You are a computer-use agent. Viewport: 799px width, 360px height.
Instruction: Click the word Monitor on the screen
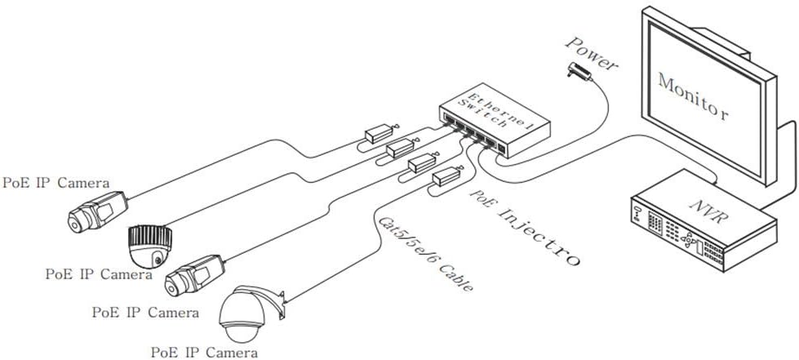[693, 97]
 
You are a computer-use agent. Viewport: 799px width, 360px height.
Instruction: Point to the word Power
[591, 52]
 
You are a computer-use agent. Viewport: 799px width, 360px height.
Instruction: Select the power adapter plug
[579, 71]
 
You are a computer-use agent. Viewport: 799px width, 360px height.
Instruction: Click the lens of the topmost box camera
[76, 221]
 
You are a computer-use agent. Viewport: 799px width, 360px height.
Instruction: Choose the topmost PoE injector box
[379, 135]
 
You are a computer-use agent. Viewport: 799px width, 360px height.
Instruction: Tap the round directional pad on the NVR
[689, 240]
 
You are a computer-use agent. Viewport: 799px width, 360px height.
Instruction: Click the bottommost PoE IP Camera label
[204, 353]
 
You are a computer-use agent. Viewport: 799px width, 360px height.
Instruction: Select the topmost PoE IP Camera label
[56, 183]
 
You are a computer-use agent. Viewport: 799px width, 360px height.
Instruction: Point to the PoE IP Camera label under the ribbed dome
[99, 273]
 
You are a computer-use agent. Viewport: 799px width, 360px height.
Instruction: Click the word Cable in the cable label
[456, 278]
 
